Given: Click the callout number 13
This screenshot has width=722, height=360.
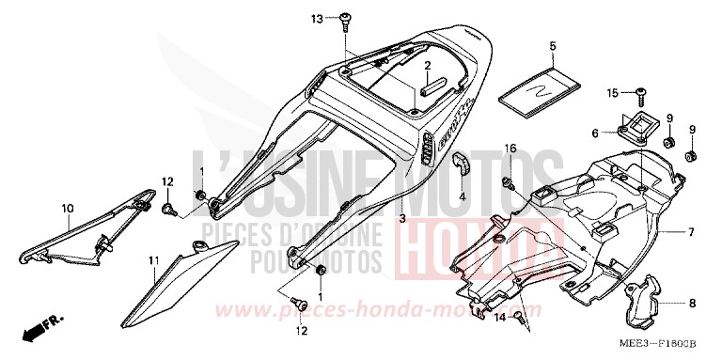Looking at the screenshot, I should pyautogui.click(x=317, y=19).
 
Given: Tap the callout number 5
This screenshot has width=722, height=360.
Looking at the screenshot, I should pyautogui.click(x=553, y=45).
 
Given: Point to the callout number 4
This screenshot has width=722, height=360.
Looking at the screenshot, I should pyautogui.click(x=462, y=197).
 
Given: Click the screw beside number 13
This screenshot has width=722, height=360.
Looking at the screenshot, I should pyautogui.click(x=347, y=18).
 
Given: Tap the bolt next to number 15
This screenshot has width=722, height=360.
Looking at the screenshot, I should pyautogui.click(x=640, y=92).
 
